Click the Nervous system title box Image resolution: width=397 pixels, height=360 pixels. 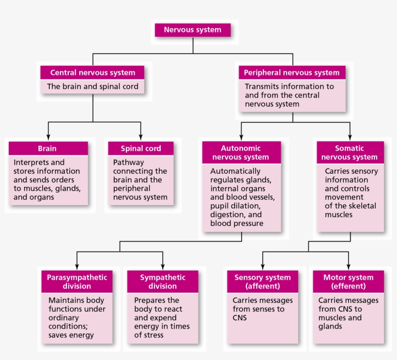tap(193, 30)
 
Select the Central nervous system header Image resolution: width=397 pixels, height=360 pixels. tap(92, 73)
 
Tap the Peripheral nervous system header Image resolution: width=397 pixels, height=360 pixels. tap(292, 73)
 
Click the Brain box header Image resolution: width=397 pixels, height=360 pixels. tap(48, 148)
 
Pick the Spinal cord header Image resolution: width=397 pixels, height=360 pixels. tap(141, 148)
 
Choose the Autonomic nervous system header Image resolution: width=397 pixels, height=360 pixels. tap(242, 152)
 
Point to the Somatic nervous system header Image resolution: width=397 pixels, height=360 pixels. tap(350, 152)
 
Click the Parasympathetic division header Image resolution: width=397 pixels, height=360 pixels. tap(77, 282)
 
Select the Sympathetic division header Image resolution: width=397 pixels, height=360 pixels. tap(163, 282)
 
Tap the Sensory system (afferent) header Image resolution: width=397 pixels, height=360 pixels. tap(262, 282)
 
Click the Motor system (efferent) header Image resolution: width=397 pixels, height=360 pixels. tap(349, 282)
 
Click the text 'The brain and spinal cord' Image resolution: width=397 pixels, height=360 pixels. tap(92, 87)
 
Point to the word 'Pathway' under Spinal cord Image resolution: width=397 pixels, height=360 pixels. tap(129, 163)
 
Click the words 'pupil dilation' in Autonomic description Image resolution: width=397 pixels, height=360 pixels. tap(235, 206)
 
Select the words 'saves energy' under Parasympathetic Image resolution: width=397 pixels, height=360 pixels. tap(71, 335)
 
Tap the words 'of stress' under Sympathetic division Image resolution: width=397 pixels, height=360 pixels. tap(149, 335)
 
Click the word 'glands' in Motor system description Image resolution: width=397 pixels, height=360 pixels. tap(330, 327)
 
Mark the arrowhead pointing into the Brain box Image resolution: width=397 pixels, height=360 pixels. tap(48, 137)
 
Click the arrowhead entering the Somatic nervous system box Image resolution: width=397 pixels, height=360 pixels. tap(350, 137)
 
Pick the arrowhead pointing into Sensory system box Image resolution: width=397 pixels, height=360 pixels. tap(262, 267)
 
